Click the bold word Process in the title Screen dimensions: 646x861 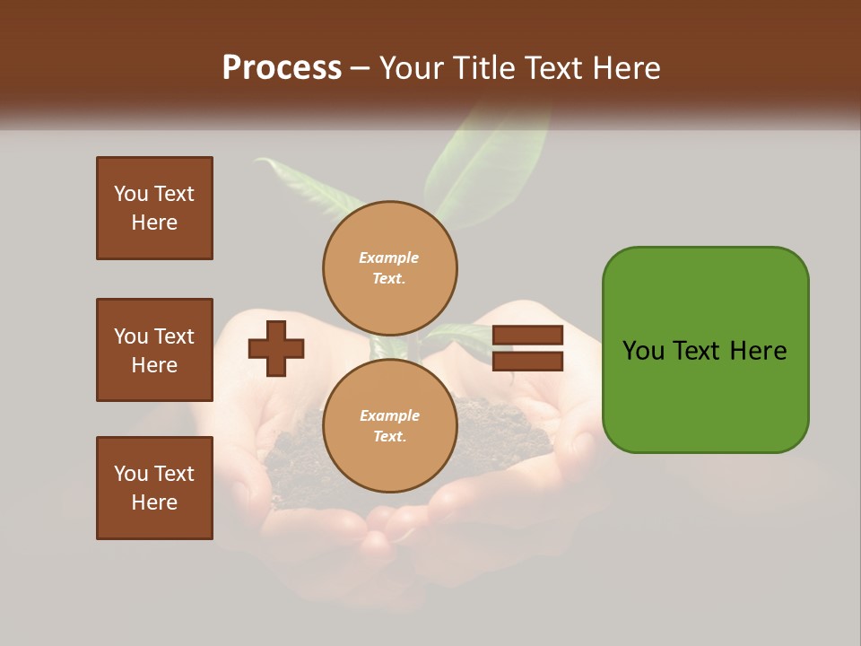(282, 68)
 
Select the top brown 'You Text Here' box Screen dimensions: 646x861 (154, 208)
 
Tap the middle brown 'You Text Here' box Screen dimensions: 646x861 (154, 350)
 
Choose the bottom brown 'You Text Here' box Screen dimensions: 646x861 (154, 488)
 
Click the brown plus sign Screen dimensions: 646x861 (276, 348)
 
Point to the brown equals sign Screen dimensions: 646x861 (527, 348)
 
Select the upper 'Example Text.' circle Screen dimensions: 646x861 (389, 267)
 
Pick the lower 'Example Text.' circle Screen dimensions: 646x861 (389, 425)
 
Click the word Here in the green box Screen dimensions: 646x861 (758, 351)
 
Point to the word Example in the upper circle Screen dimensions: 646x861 (389, 258)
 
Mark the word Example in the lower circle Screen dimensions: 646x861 (389, 415)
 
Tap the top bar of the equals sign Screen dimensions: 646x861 (527, 336)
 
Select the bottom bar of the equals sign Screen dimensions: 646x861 (527, 361)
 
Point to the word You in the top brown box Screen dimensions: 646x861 (129, 194)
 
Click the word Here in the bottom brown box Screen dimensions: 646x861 (154, 502)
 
